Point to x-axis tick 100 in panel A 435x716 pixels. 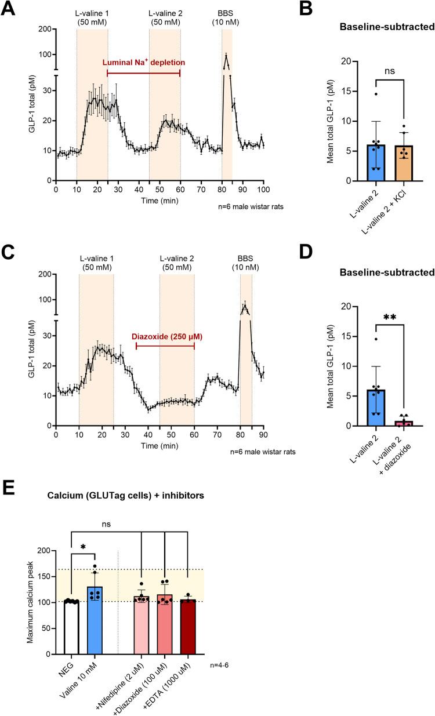click(x=264, y=190)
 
